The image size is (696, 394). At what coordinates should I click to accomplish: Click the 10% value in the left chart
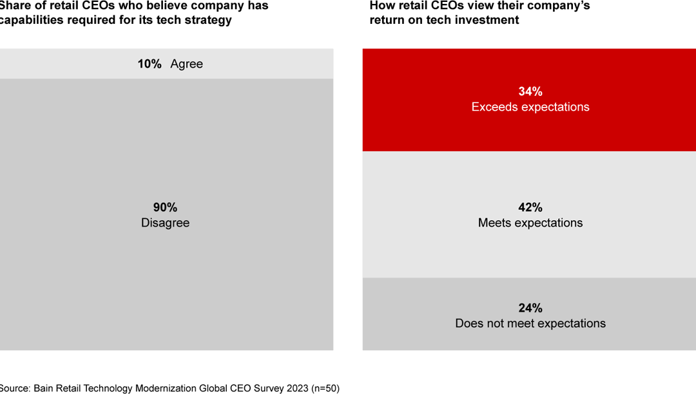(x=149, y=64)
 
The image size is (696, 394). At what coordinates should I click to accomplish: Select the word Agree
(x=186, y=64)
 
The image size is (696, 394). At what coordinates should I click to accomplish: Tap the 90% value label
(x=165, y=207)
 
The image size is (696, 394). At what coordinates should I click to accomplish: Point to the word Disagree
(x=165, y=223)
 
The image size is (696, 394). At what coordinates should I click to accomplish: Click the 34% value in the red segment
(x=530, y=91)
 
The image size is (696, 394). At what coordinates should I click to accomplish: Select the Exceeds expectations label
(x=530, y=107)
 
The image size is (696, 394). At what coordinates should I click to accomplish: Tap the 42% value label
(x=530, y=207)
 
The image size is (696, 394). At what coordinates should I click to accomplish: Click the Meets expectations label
(x=530, y=223)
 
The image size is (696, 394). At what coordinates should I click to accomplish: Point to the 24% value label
(x=530, y=308)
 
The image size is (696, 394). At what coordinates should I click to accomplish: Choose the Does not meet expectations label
(x=530, y=323)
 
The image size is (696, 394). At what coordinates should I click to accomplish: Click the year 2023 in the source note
(x=295, y=388)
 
